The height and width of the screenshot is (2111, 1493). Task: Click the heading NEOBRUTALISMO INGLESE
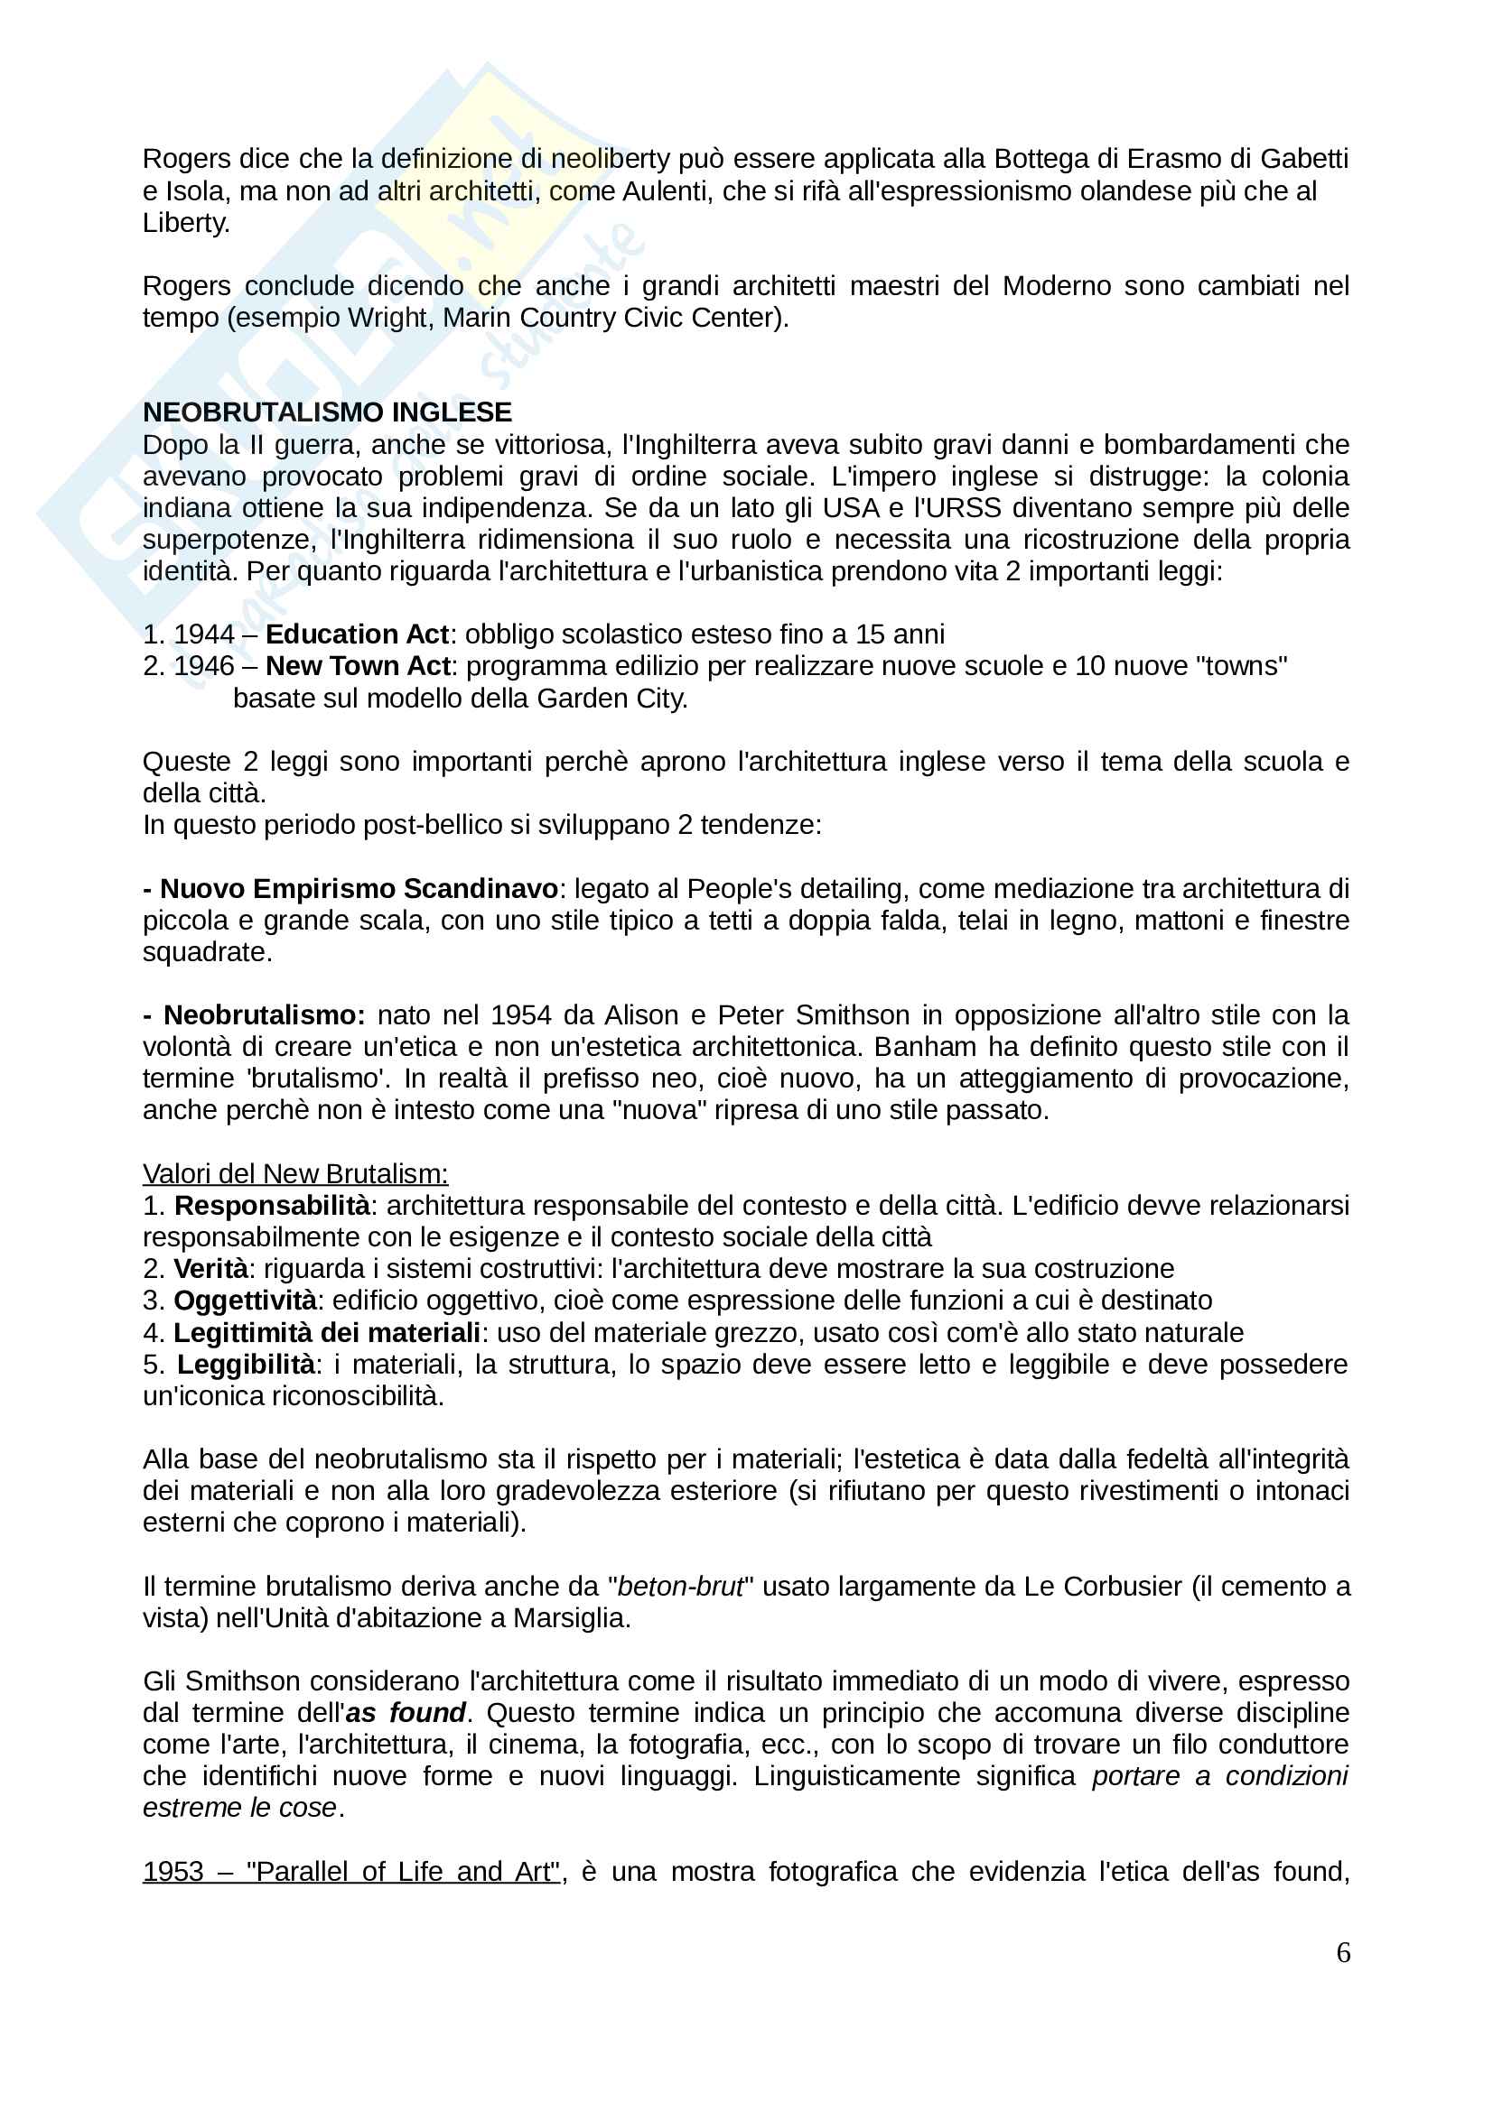tap(327, 412)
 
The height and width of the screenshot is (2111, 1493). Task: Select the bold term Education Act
tap(357, 634)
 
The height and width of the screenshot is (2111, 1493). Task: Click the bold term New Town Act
tap(358, 666)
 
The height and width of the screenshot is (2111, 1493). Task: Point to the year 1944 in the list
tap(204, 634)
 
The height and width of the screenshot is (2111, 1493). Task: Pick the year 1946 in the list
tap(204, 666)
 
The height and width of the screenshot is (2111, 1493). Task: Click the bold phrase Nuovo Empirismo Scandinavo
tap(359, 889)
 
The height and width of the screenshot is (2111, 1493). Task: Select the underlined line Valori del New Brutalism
tap(295, 1174)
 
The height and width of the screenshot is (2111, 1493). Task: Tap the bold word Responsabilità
tap(272, 1206)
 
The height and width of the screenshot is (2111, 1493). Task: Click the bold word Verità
tap(210, 1269)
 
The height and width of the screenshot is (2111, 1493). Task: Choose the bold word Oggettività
tap(245, 1300)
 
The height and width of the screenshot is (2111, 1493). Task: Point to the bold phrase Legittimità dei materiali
tap(327, 1332)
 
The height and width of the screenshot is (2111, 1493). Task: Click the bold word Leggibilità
tap(246, 1365)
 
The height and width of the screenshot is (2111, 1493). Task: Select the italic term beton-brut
tap(680, 1586)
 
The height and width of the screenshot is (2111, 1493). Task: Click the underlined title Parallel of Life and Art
tap(402, 1871)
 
